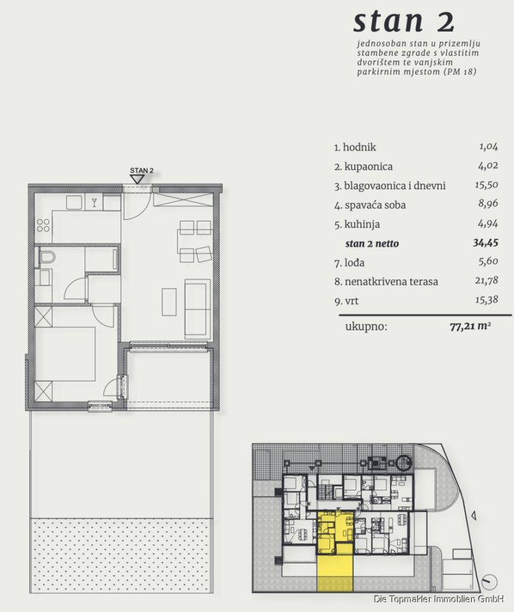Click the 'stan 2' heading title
pos(404,22)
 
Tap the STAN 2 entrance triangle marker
pos(137,179)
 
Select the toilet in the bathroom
pos(46,257)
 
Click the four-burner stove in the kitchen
pos(44,225)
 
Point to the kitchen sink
pos(73,203)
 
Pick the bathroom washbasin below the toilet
pos(44,277)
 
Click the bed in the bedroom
pos(65,354)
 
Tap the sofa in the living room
pos(197,308)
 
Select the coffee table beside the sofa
pos(169,302)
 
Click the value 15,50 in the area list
pos(486,184)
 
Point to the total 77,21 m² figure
pos(470,326)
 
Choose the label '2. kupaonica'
pos(363,167)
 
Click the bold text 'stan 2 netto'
pos(372,243)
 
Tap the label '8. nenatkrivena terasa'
pos(386,282)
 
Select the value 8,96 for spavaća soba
pos(488,203)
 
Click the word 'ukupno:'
pos(366,326)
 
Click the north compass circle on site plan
pos(489,582)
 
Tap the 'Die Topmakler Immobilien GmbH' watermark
pos(439,598)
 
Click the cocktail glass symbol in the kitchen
pos(94,202)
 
